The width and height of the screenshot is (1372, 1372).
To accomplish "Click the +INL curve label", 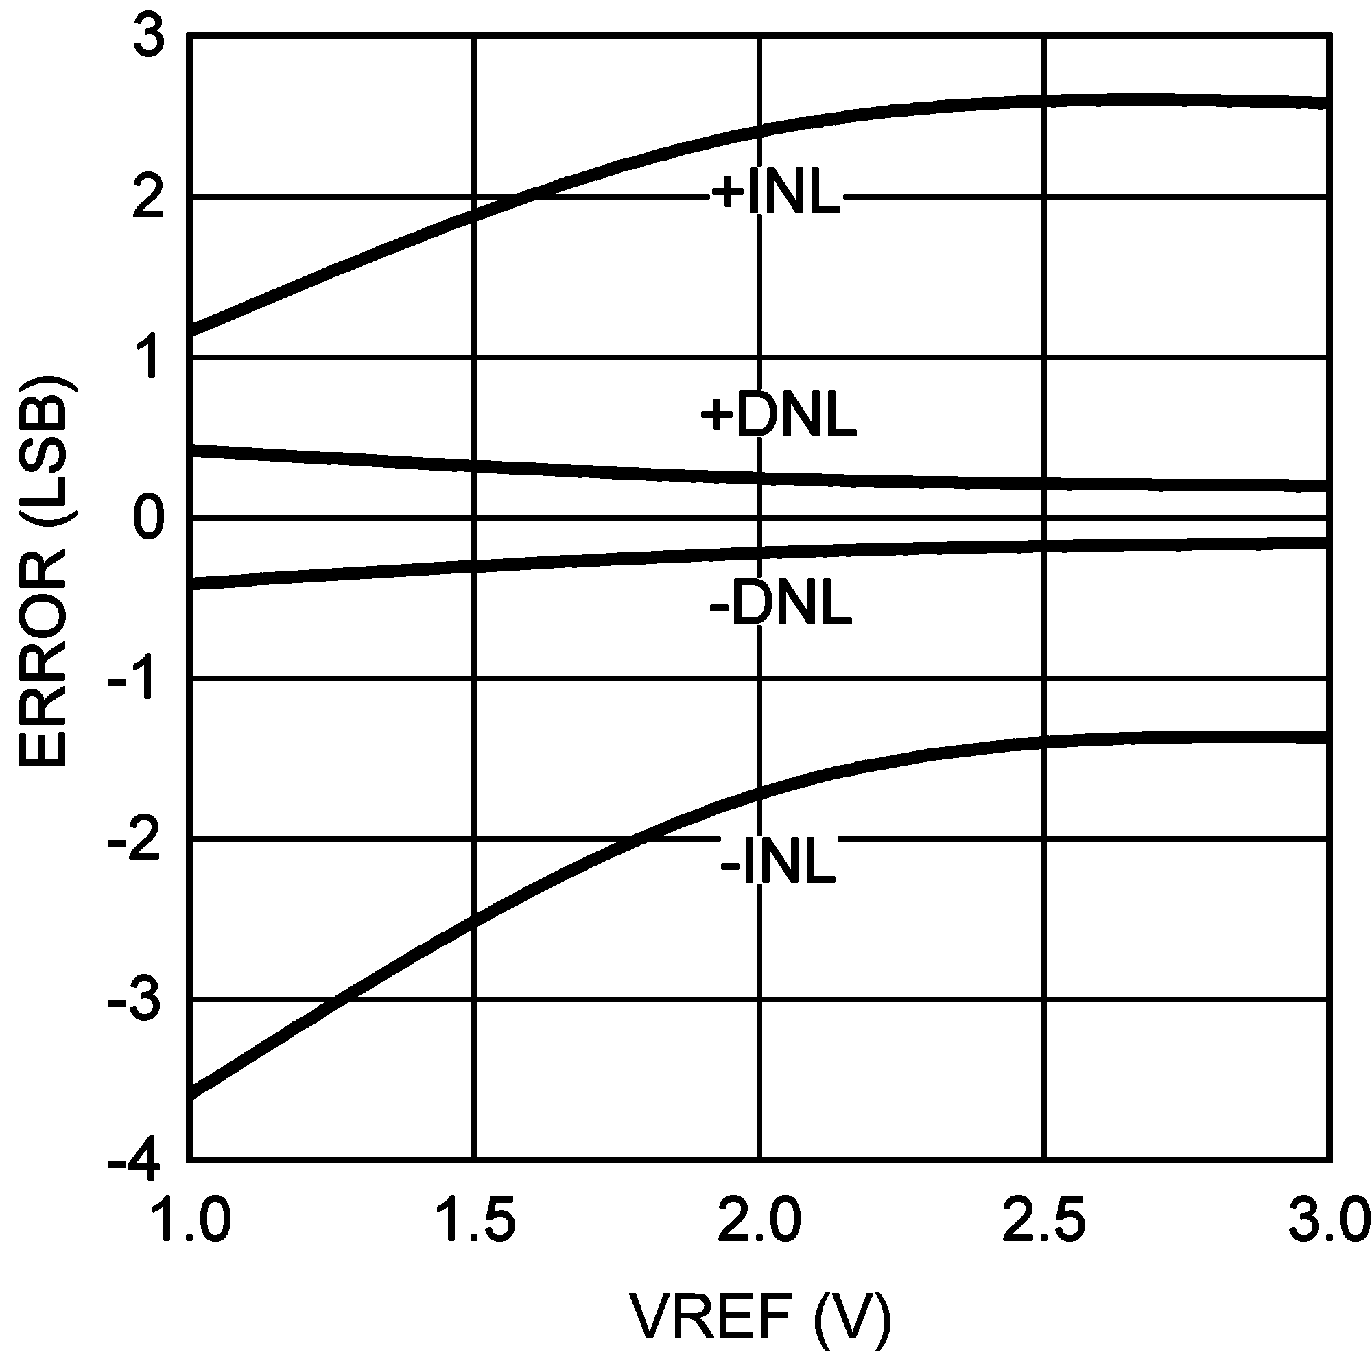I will [776, 194].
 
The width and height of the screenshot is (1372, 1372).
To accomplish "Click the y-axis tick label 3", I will [149, 37].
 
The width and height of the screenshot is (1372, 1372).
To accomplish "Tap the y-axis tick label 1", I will [149, 359].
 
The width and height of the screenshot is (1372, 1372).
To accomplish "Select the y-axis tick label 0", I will [149, 519].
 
